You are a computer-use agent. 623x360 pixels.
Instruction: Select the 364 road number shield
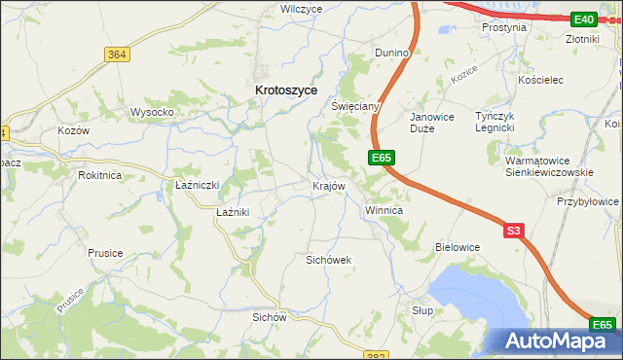coord(117,54)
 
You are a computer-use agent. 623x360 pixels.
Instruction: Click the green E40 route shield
coord(584,19)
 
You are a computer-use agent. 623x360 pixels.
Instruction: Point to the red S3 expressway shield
coord(514,231)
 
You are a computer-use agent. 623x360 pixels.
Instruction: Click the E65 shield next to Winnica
coord(381,157)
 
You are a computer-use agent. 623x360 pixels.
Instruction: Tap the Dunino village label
coord(395,52)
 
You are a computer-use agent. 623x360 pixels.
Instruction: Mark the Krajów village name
coord(328,186)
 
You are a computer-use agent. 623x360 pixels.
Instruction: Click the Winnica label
coord(384,210)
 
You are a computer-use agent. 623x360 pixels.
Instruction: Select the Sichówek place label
coord(328,260)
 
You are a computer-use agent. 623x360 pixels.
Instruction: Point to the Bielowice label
coord(458,247)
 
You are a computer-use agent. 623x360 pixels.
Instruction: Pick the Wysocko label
coord(152,112)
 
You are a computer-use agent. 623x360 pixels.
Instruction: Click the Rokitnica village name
coord(100,175)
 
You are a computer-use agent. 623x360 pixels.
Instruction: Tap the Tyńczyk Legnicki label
coord(493,122)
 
